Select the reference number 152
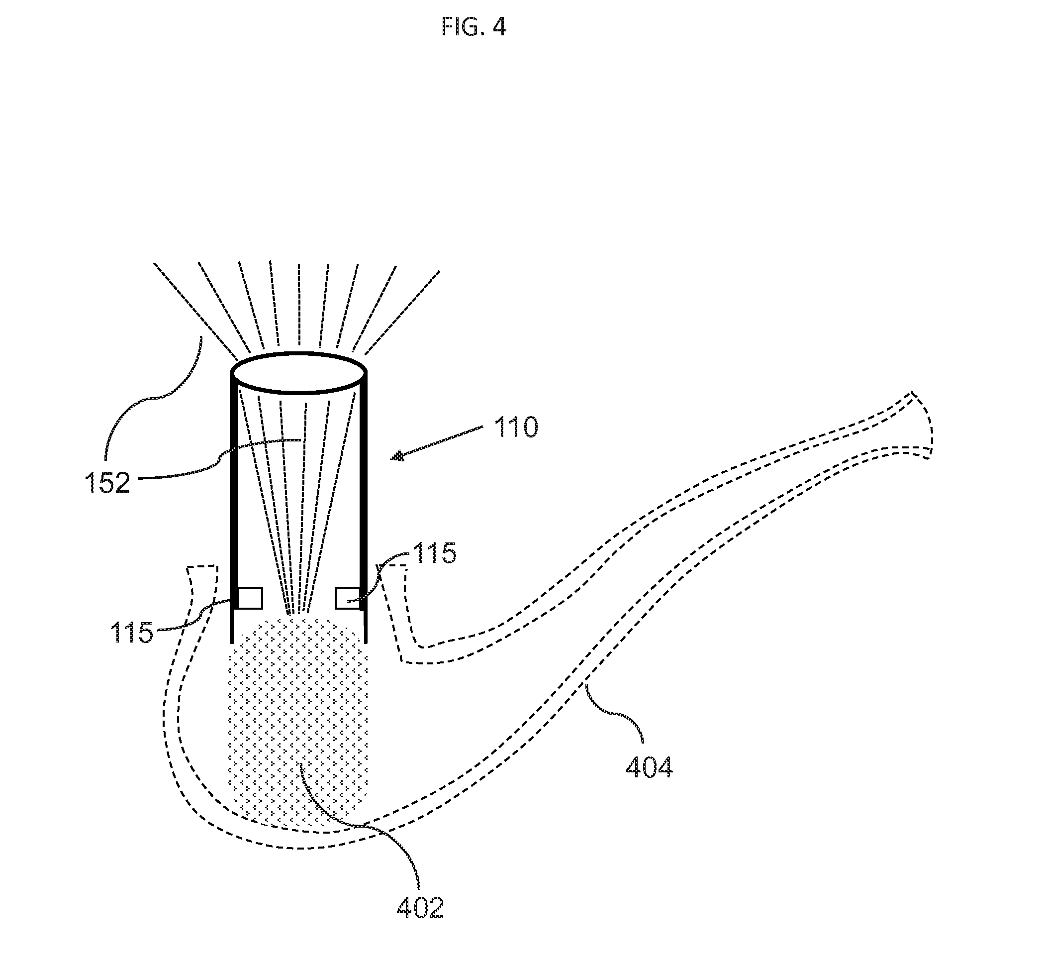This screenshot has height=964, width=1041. coord(107,483)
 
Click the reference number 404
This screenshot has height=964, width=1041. coord(649,767)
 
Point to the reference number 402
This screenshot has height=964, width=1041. coord(420,908)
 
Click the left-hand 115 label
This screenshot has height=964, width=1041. coord(131,632)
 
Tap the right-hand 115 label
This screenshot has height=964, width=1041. coord(434,553)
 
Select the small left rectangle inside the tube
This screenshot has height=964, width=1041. coord(250,598)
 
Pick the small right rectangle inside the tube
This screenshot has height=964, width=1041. coord(347,598)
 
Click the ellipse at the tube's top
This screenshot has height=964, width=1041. coord(298,372)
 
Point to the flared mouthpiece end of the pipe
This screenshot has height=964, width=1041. coord(920,425)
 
